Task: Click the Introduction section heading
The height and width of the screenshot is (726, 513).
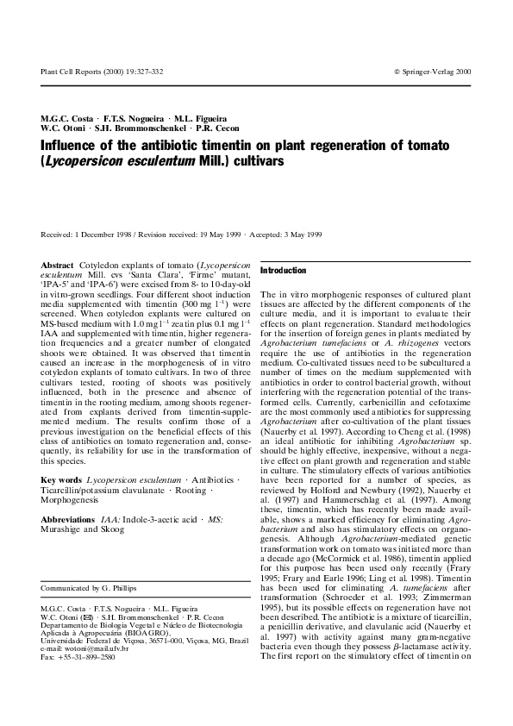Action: (284, 271)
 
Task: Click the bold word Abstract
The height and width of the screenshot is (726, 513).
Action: (57, 262)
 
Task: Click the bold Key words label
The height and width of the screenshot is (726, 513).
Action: (61, 479)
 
